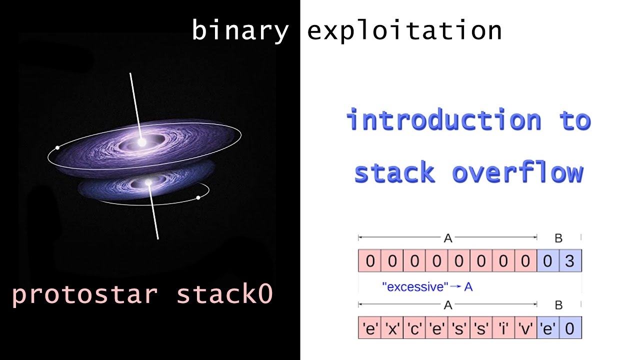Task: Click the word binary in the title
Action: click(x=240, y=31)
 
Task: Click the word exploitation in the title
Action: click(x=404, y=31)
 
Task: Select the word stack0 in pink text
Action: click(x=224, y=294)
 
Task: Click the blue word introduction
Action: click(x=443, y=121)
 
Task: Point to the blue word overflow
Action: click(x=518, y=173)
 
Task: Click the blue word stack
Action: click(x=394, y=173)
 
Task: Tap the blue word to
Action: click(x=576, y=121)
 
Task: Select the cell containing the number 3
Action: click(x=570, y=261)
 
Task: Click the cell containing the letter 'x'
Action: click(x=392, y=328)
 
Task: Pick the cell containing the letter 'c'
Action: click(x=414, y=328)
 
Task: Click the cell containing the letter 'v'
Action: click(x=526, y=328)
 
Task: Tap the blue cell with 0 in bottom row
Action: click(x=570, y=328)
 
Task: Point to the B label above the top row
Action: click(x=559, y=238)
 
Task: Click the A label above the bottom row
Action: click(x=447, y=305)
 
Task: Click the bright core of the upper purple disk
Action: click(x=142, y=142)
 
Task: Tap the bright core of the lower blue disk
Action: click(x=148, y=184)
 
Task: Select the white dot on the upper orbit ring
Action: click(x=58, y=148)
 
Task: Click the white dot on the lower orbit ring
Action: click(x=198, y=198)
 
